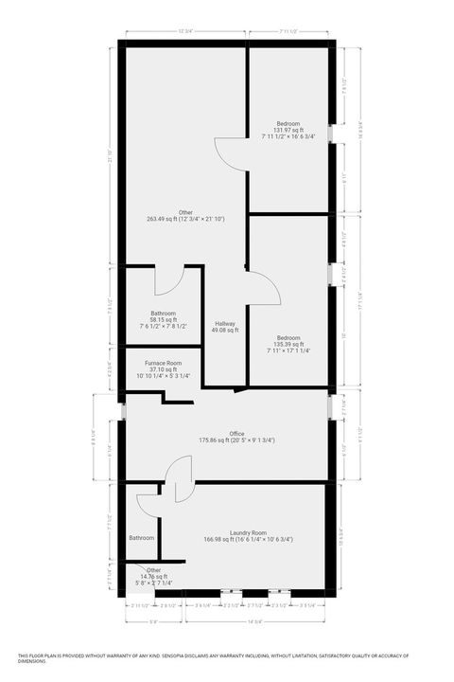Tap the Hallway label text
(224, 325)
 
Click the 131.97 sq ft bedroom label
(288, 131)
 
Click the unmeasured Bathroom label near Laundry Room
(142, 538)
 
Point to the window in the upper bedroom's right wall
(330, 133)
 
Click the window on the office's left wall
(124, 411)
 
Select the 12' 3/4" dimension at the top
(186, 31)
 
